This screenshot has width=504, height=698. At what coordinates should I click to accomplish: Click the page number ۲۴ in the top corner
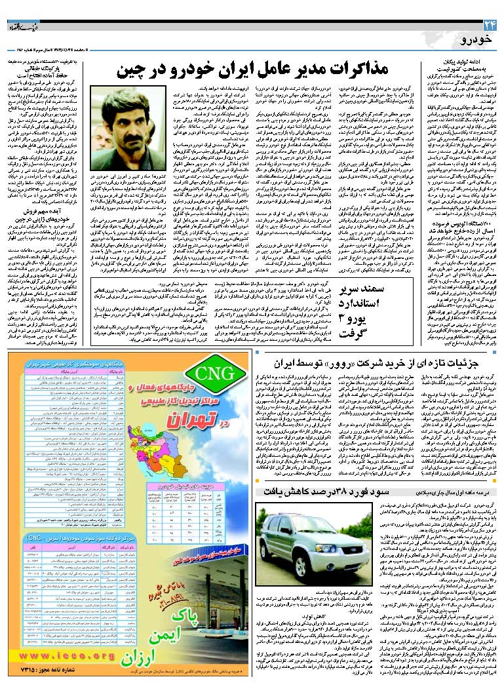click(490, 26)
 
